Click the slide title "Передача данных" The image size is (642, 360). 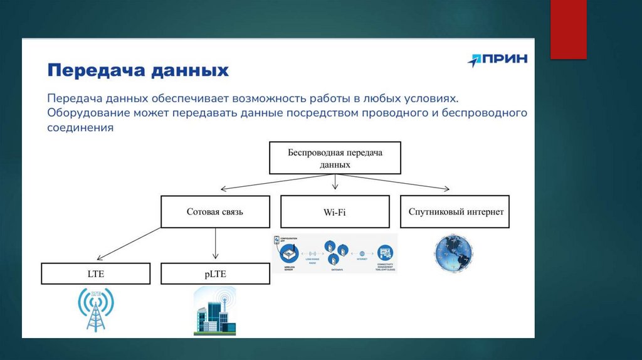click(139, 70)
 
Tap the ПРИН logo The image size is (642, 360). click(497, 60)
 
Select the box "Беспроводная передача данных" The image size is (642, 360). click(335, 158)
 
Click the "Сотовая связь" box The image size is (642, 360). click(215, 212)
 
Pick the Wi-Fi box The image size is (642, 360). click(335, 212)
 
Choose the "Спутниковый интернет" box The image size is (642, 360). click(456, 212)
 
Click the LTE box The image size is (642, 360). click(96, 273)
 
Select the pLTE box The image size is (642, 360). click(215, 273)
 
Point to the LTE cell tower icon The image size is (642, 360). click(95, 310)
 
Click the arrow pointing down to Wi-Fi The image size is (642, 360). click(335, 182)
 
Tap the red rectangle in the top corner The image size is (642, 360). click(568, 29)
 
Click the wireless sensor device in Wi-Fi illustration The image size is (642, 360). click(288, 253)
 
